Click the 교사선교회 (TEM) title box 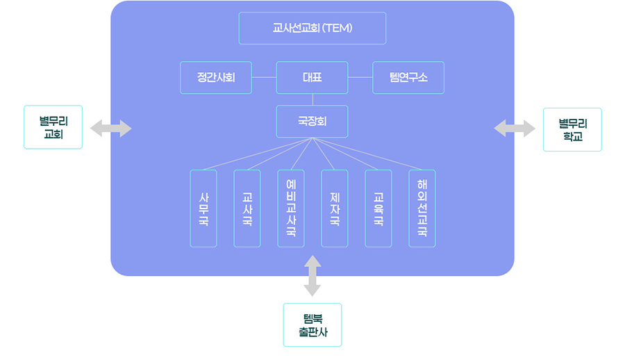pos(312,28)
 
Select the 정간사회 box pos(215,78)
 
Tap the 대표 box pos(312,78)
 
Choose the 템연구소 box pos(408,78)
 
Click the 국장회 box pos(312,121)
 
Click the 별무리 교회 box pos(53,127)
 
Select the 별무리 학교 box pos(572,129)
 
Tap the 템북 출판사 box pos(312,325)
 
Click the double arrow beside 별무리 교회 pos(110,128)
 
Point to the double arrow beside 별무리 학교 pos(515,128)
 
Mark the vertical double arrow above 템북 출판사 pos(312,276)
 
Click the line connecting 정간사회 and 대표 pos(264,77)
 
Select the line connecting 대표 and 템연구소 pos(360,77)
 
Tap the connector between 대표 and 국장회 pos(312,99)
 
